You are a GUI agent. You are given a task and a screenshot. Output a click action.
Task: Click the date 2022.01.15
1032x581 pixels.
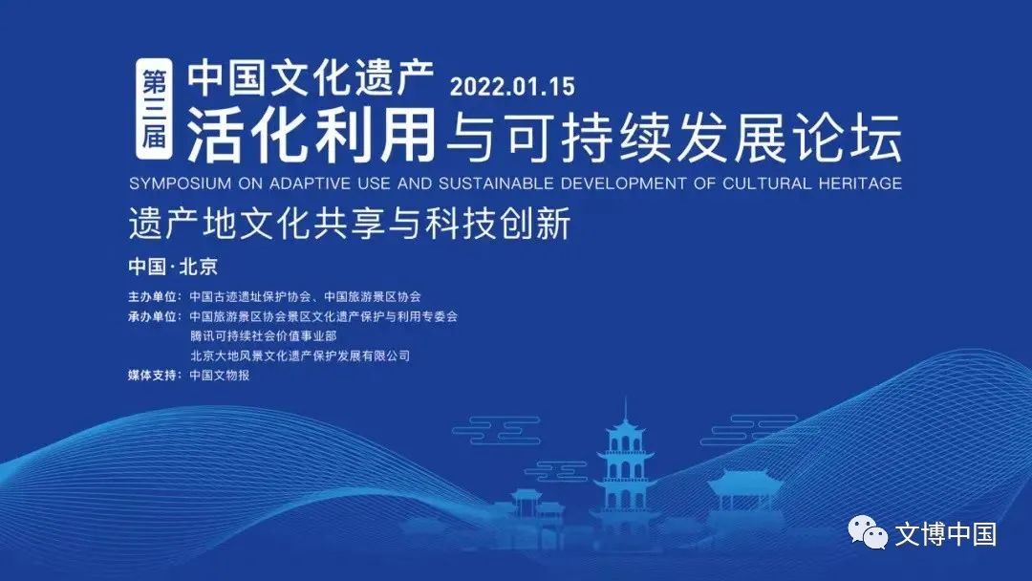tap(512, 86)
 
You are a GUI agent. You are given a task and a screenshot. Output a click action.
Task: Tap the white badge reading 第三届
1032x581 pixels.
tap(154, 109)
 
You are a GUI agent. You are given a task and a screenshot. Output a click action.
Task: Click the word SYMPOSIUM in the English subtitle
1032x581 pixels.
tap(181, 183)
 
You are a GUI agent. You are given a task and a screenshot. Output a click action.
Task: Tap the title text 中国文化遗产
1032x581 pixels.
tap(311, 77)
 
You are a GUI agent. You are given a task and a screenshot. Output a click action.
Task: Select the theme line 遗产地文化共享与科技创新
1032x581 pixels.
tap(350, 224)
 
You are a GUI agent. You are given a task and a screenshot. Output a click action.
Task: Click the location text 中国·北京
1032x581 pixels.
tap(173, 267)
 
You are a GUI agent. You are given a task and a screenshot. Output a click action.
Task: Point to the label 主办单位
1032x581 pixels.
tap(152, 297)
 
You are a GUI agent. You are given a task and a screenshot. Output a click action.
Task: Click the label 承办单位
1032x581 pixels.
tap(152, 316)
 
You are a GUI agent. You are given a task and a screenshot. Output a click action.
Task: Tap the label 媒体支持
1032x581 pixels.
tap(152, 375)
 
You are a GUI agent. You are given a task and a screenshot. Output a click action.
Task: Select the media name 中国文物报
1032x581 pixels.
tap(220, 375)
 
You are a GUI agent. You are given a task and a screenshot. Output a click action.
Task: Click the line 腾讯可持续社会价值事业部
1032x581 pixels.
tap(264, 335)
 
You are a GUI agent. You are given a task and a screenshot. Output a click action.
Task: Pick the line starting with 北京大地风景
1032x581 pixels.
tap(300, 355)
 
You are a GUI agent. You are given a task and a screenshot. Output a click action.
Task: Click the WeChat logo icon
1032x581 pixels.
tap(868, 532)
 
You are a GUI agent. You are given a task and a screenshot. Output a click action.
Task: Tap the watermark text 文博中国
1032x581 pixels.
tap(945, 533)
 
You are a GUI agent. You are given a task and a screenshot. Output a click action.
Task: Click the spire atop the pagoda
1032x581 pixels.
tap(625, 410)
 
